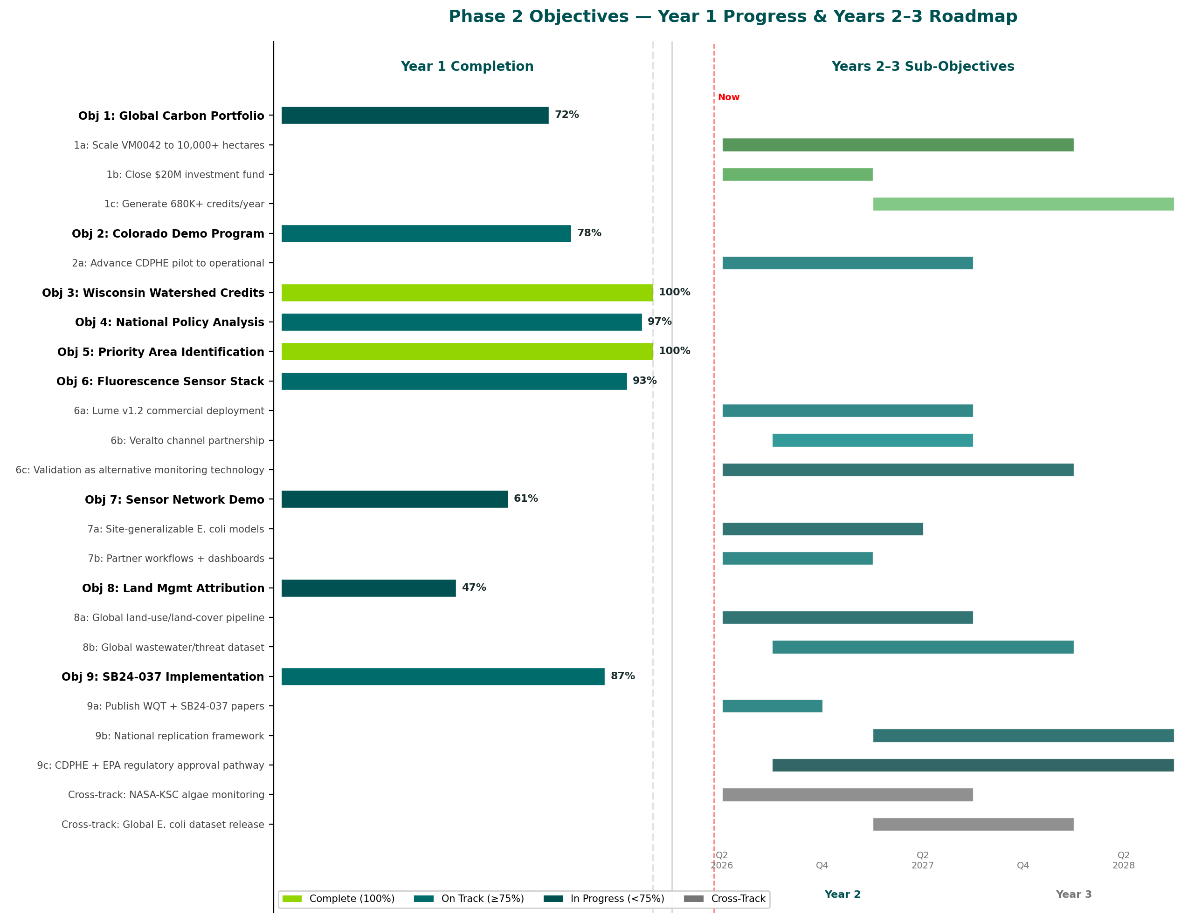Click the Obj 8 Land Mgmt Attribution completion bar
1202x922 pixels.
[x=368, y=588]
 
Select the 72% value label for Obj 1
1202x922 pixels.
[x=566, y=115]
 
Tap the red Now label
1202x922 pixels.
[x=728, y=97]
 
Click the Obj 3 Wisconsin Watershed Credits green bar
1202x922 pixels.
[x=467, y=293]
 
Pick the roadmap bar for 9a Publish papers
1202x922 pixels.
[x=772, y=706]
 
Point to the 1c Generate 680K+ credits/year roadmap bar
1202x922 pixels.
[x=1022, y=204]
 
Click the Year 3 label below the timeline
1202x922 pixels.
[x=1073, y=894]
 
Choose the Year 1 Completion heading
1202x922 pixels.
[x=467, y=67]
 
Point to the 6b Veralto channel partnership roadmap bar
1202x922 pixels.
[x=872, y=440]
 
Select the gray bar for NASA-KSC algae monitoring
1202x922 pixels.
[x=847, y=794]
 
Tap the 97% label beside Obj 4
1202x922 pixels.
[x=659, y=321]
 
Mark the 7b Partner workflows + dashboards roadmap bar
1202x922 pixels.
[x=797, y=558]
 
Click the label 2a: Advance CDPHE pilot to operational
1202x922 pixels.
[x=168, y=263]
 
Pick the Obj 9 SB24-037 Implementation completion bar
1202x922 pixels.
[x=442, y=676]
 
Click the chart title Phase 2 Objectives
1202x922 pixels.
[x=732, y=16]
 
